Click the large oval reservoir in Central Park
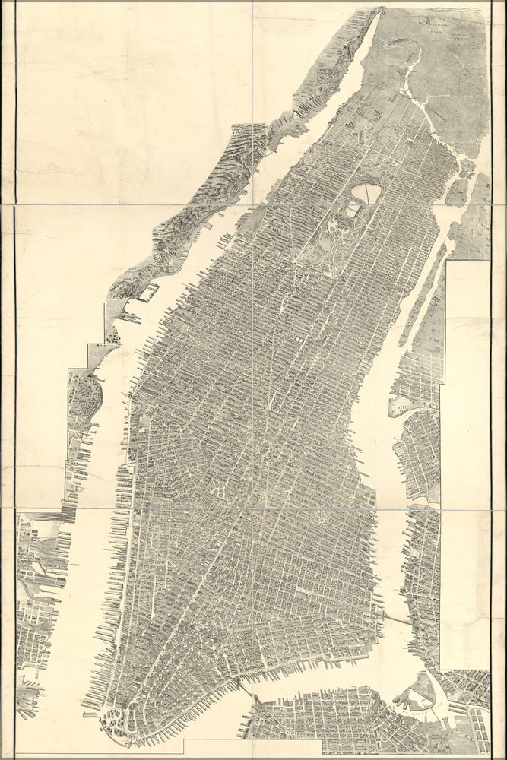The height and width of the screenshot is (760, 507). click(367, 193)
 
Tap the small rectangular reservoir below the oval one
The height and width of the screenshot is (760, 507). click(353, 207)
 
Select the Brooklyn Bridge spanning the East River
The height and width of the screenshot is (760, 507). click(395, 619)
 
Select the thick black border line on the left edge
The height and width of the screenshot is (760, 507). click(15, 380)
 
